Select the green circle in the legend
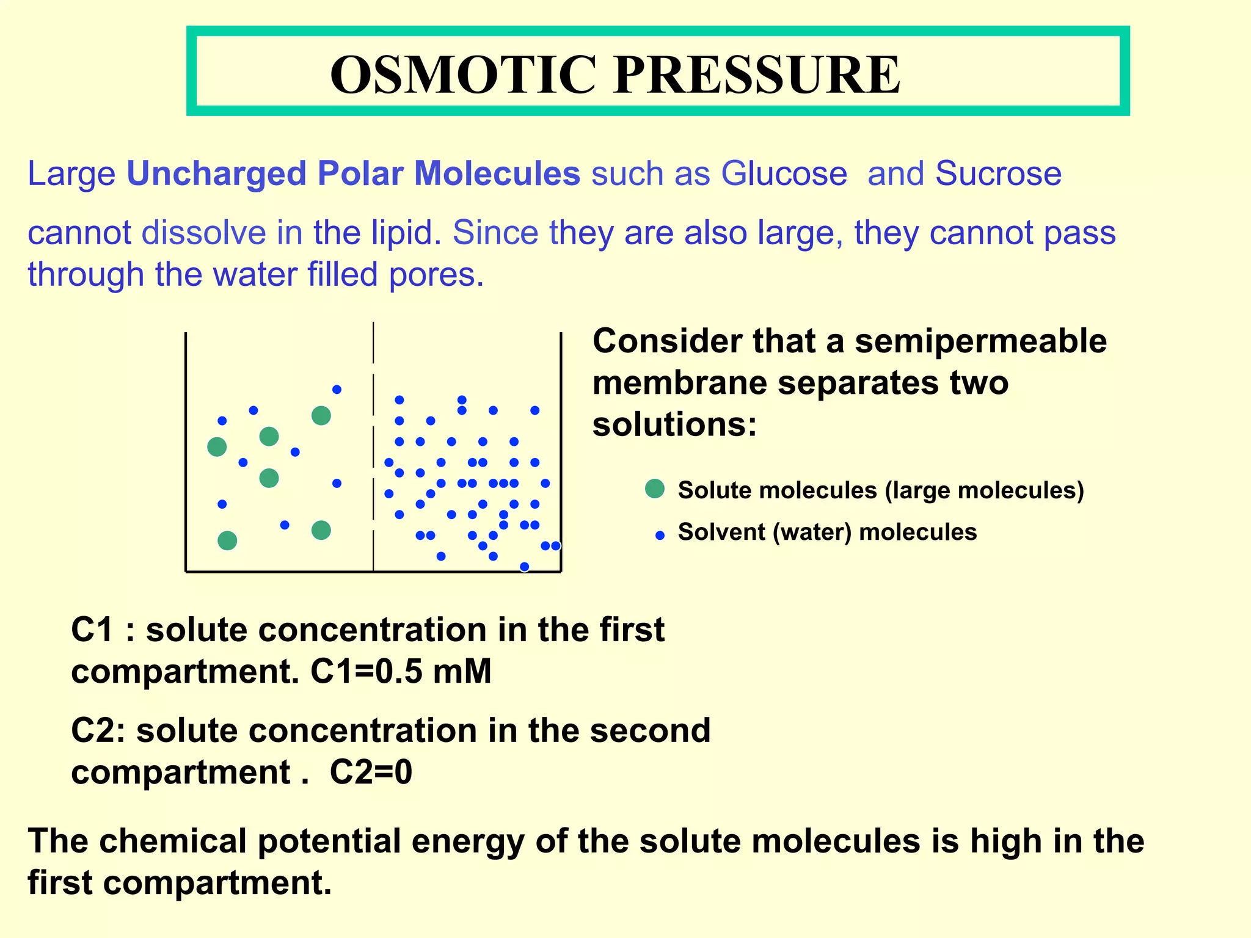click(x=654, y=489)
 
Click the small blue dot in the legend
click(x=660, y=536)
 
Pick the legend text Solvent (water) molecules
click(x=827, y=532)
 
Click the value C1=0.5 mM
click(x=401, y=672)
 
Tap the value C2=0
click(x=371, y=773)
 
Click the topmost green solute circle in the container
click(x=321, y=416)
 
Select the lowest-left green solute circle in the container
click(x=227, y=540)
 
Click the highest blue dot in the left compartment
click(x=337, y=390)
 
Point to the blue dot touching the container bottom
click(x=524, y=567)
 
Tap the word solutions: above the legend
click(x=674, y=424)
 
